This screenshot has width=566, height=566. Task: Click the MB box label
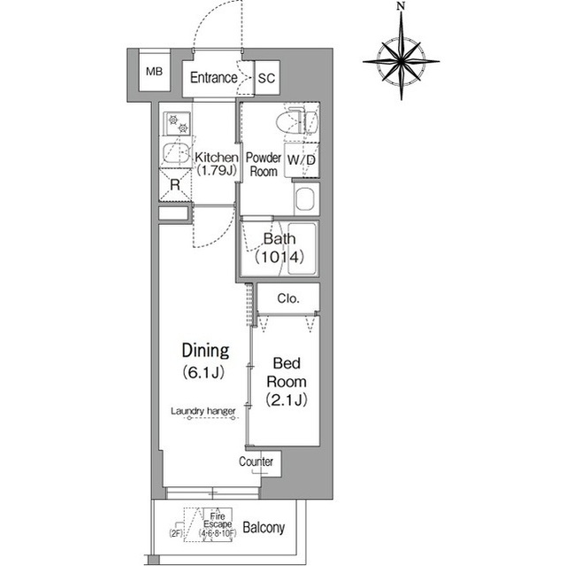coord(154,72)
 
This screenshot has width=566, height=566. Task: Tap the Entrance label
coord(213,78)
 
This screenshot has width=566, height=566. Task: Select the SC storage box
coord(266,78)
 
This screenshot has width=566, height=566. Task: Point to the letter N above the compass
coord(401,7)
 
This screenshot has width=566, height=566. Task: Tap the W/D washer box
coord(302,160)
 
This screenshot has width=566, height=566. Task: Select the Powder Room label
coord(263,165)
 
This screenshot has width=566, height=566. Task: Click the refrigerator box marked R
coord(175,183)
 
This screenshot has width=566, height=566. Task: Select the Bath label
coord(279,239)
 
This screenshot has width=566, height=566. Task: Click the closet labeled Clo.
coord(287,299)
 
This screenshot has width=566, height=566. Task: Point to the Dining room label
coord(205,349)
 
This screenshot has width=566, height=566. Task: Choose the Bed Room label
coord(287,372)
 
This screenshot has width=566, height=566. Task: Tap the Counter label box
coord(256,462)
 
